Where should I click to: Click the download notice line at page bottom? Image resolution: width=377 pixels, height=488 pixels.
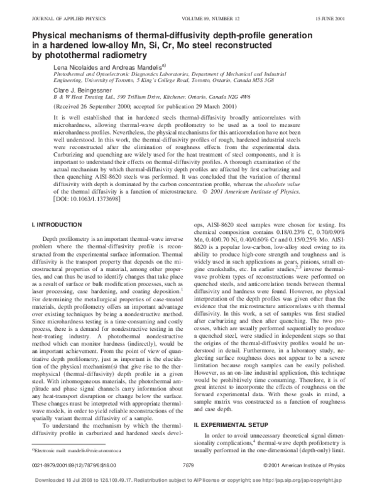(x=188, y=479)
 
